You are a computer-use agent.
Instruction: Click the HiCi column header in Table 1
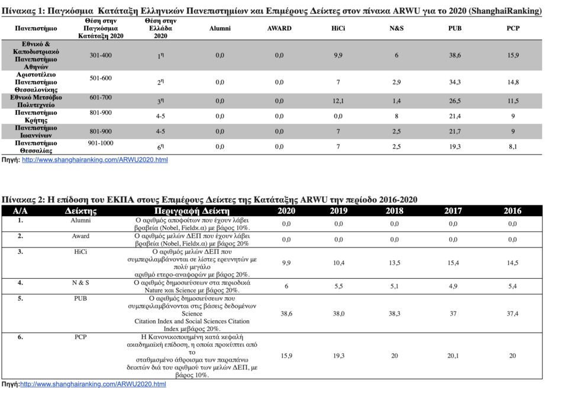(x=338, y=28)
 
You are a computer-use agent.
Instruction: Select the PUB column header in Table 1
(x=454, y=28)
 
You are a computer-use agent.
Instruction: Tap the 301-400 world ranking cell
(x=101, y=55)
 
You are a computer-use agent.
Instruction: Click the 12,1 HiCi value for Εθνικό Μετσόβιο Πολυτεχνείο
(x=338, y=101)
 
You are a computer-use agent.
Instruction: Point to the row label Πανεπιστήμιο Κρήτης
(x=36, y=117)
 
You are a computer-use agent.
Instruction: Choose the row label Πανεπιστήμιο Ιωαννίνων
(x=36, y=131)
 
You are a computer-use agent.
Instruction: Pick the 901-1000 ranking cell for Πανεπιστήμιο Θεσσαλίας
(x=101, y=143)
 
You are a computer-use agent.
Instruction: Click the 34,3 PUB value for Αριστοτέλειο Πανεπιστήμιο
(x=454, y=82)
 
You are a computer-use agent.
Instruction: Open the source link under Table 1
(x=95, y=160)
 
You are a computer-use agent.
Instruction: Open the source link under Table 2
(x=93, y=384)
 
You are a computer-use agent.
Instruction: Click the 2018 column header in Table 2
(x=395, y=211)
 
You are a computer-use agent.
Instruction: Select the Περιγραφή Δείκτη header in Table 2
(x=192, y=211)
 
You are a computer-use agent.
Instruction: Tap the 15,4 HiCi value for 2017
(x=453, y=263)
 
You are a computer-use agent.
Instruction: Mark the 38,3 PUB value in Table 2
(x=395, y=314)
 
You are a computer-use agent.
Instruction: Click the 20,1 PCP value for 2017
(x=453, y=356)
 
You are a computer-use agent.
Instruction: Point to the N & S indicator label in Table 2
(x=80, y=282)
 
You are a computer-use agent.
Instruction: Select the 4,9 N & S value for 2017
(x=453, y=287)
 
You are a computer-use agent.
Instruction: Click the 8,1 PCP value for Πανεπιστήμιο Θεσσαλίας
(x=512, y=147)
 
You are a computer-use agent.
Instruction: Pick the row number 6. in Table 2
(x=20, y=337)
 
